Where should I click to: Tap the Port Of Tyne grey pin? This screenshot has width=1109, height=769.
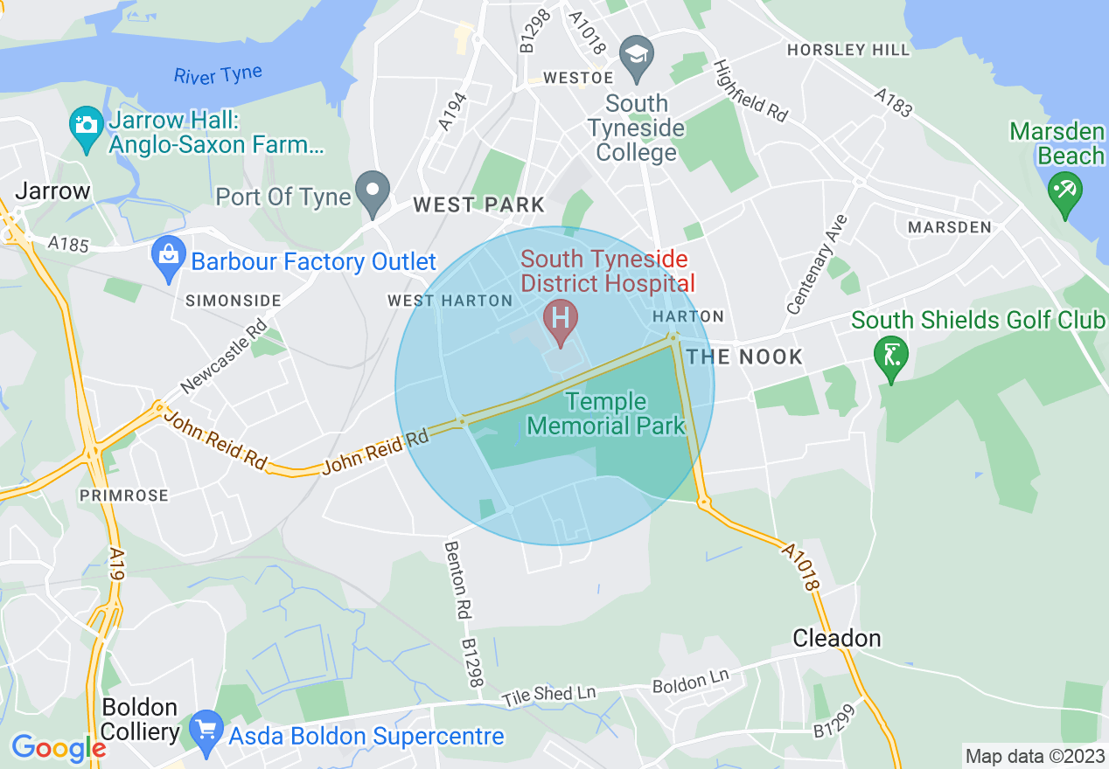point(373,191)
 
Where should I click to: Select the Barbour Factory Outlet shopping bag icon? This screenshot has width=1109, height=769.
point(167,256)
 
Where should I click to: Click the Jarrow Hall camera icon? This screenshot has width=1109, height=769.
point(86,127)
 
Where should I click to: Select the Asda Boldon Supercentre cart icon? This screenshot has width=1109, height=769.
point(206,730)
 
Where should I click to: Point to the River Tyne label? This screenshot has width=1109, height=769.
point(218,75)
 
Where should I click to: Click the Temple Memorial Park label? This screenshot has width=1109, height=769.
point(606,414)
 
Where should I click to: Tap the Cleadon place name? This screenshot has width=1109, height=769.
point(836,638)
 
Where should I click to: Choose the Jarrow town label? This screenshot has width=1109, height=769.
point(53,191)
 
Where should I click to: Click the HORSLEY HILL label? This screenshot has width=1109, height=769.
point(848,51)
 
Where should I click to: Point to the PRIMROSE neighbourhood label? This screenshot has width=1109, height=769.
point(123,495)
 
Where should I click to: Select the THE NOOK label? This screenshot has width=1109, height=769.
point(744,357)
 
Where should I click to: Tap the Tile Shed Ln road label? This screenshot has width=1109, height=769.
point(548,696)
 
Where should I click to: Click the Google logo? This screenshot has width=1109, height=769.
point(58,747)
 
